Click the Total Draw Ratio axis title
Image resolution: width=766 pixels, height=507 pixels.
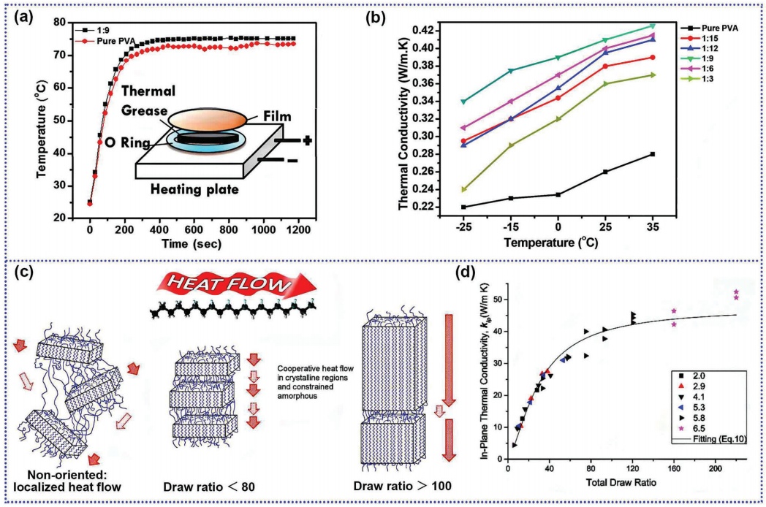[x=619, y=484]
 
